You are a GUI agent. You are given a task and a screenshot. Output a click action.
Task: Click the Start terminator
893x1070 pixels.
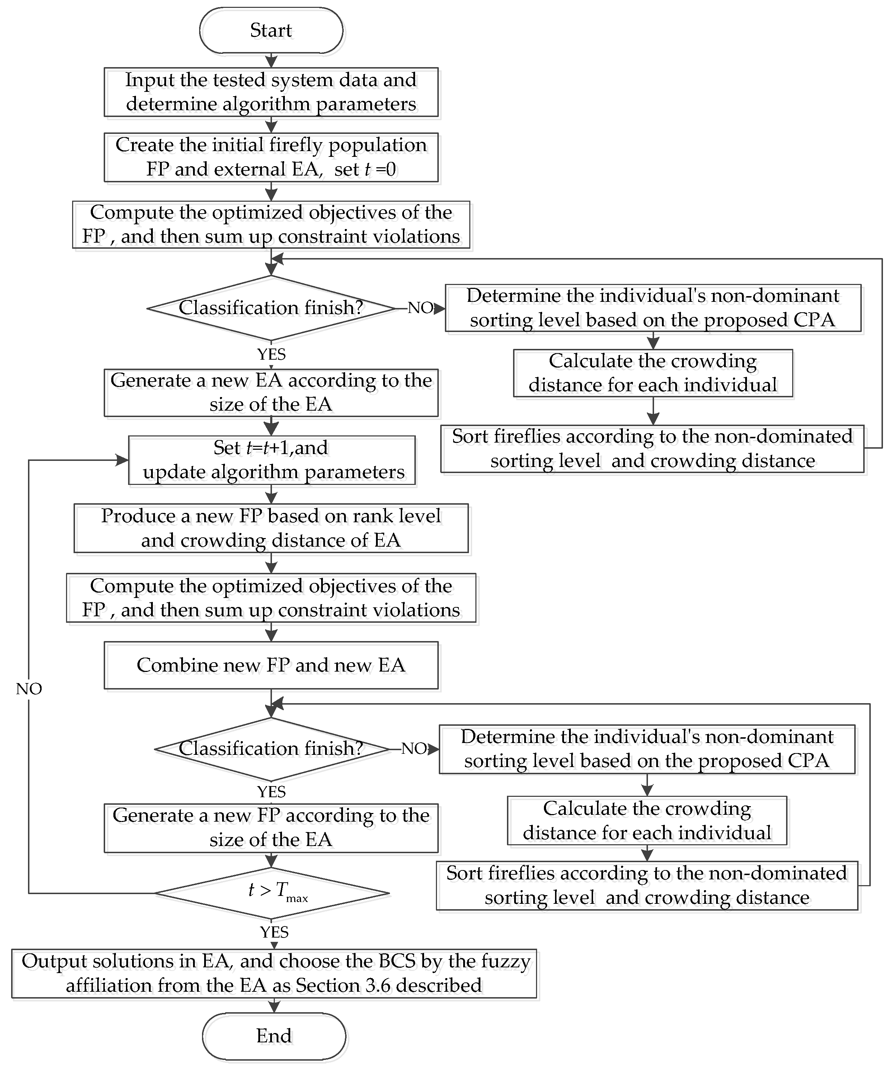[271, 31]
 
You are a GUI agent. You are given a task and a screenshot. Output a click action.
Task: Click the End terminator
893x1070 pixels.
[274, 1036]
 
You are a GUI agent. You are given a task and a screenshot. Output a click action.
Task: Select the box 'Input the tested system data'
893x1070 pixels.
[271, 92]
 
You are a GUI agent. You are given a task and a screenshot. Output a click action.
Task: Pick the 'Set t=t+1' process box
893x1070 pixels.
[272, 460]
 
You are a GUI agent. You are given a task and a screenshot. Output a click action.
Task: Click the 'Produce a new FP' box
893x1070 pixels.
[271, 528]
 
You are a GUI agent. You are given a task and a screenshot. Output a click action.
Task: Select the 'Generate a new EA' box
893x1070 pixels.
[271, 393]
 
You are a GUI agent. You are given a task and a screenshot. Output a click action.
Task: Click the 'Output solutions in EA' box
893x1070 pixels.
[274, 973]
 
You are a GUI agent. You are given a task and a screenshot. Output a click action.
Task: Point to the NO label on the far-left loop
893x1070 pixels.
[29, 689]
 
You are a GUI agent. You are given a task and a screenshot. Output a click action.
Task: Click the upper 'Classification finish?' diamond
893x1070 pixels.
[271, 308]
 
